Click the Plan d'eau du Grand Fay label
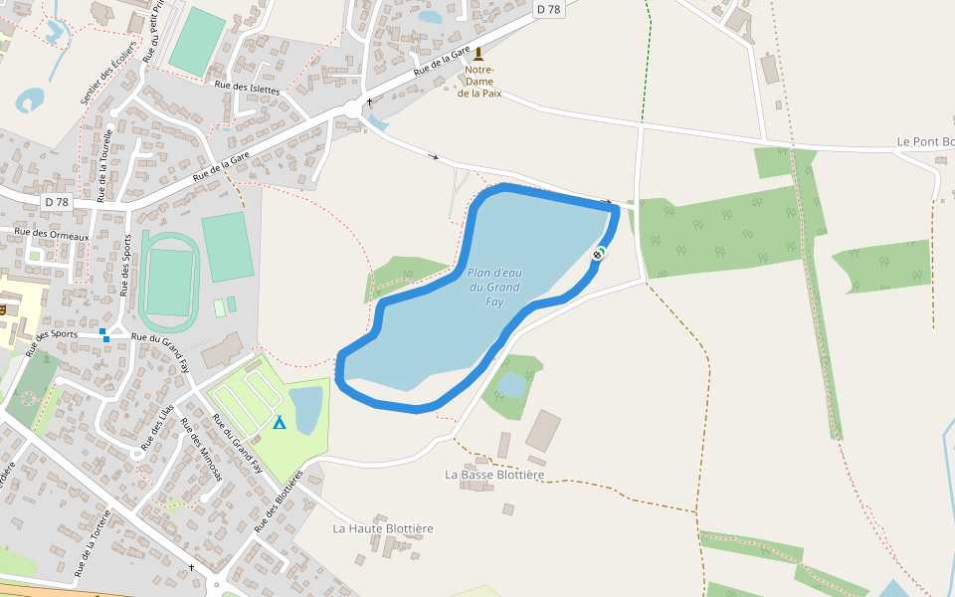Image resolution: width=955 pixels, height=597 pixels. (x=494, y=287)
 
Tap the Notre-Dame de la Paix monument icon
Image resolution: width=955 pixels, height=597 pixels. (x=478, y=53)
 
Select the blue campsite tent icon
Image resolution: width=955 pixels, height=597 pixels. (x=280, y=423)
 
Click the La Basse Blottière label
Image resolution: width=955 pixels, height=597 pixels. (x=494, y=475)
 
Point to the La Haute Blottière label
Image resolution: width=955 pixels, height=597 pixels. (x=383, y=528)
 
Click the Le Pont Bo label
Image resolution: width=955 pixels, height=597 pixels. (x=925, y=141)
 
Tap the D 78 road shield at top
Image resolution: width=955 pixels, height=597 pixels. (x=547, y=9)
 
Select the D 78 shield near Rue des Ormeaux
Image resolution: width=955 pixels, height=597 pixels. (x=57, y=202)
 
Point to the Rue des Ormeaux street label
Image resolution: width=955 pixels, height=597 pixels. (x=52, y=236)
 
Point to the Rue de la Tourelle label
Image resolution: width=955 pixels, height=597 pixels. (x=103, y=159)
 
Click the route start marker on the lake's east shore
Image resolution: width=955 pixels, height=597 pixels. (x=599, y=255)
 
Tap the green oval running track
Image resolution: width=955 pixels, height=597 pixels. (x=169, y=282)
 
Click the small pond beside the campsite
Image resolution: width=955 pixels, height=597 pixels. (x=306, y=409)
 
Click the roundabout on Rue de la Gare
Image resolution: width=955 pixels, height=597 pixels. (x=352, y=108)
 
